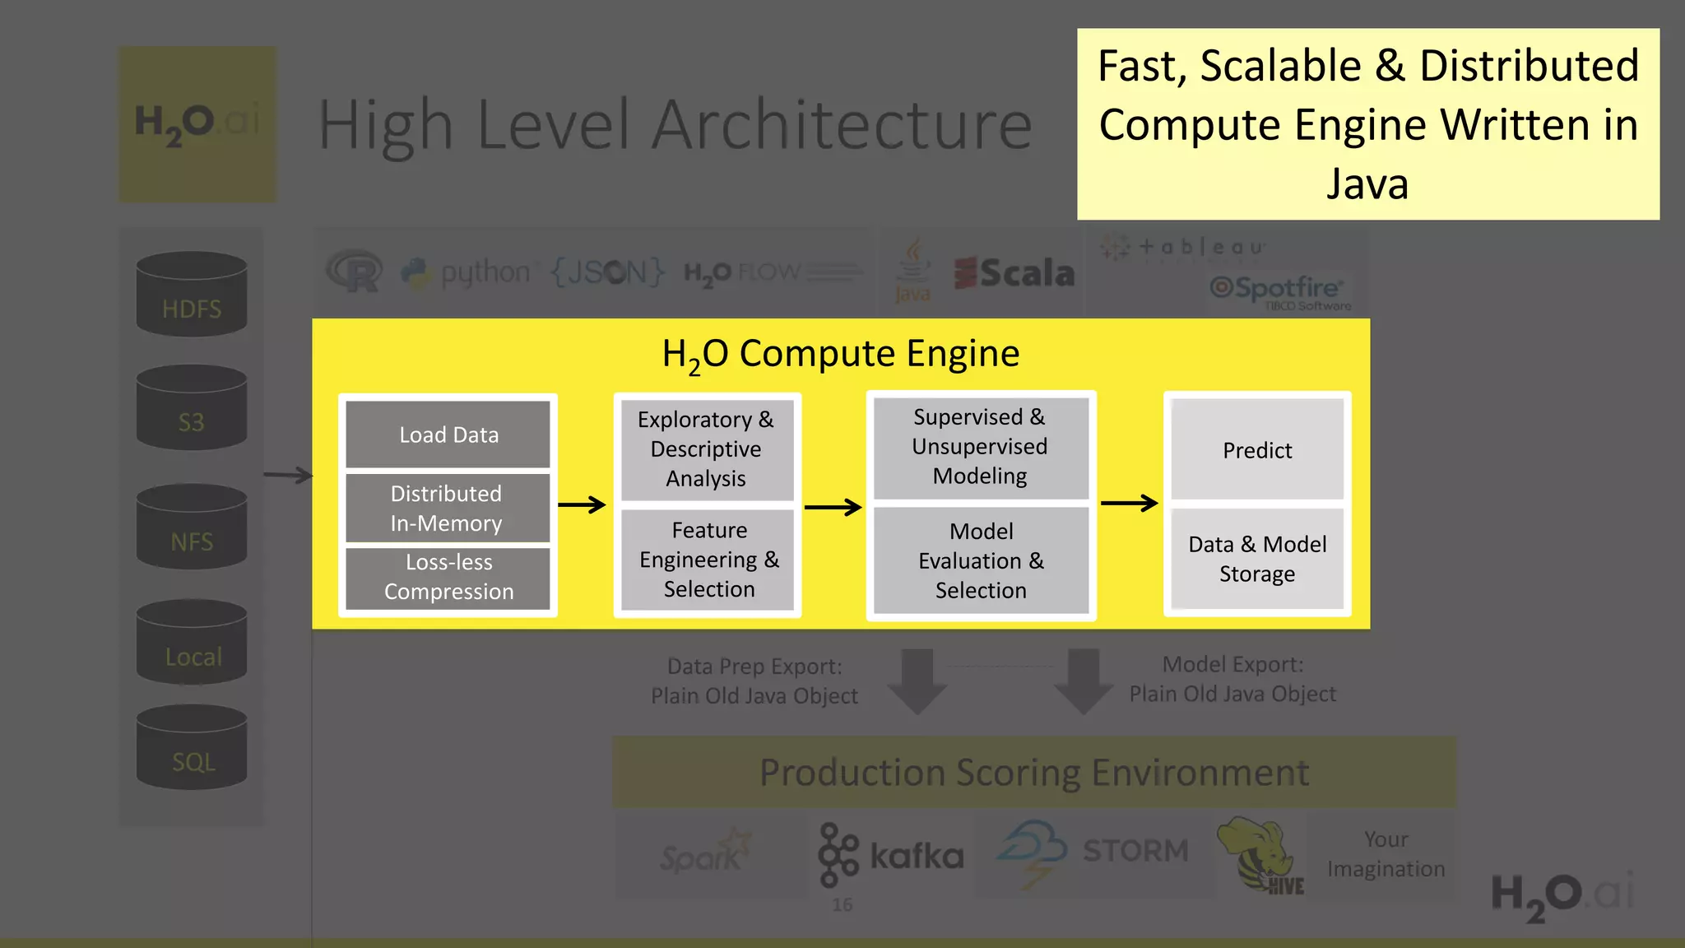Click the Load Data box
[448, 434]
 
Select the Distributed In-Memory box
[448, 508]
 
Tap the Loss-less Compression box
[448, 577]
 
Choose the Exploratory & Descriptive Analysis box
[707, 449]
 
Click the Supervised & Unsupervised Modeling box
[980, 447]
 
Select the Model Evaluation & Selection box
[980, 560]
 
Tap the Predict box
[1256, 450]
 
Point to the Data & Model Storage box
[1256, 559]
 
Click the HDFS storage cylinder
[192, 295]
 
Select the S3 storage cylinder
[192, 409]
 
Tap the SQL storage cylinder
[192, 748]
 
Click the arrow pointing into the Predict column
[1129, 502]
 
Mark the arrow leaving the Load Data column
[582, 504]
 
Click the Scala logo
[1014, 273]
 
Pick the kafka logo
[891, 856]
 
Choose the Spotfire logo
[1278, 290]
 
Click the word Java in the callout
[1367, 184]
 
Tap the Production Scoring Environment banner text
[1033, 773]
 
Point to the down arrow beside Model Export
[1084, 681]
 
